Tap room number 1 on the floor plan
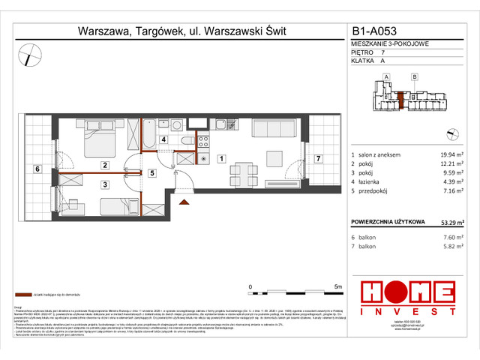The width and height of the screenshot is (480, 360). (222, 158)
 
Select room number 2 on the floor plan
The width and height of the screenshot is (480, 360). (106, 165)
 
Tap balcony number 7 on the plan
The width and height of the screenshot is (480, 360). (318, 158)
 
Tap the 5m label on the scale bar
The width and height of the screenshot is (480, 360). (338, 286)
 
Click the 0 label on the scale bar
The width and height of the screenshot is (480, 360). (250, 286)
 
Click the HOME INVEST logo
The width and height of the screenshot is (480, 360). (407, 298)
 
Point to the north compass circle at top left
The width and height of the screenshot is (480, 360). (31, 55)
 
